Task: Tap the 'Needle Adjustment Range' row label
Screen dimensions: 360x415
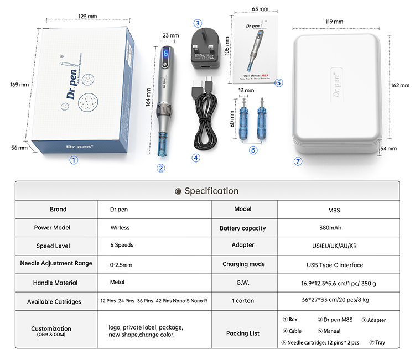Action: coord(56,263)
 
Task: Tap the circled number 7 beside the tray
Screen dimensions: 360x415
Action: coord(298,161)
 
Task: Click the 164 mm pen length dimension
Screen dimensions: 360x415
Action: coord(148,100)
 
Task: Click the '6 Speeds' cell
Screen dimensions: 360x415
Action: coord(122,245)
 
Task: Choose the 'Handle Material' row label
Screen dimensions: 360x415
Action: coord(55,283)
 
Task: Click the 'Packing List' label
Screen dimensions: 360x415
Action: coord(243,333)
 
